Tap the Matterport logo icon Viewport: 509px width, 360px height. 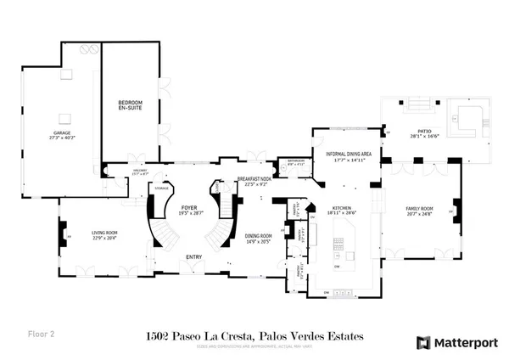pyautogui.click(x=422, y=342)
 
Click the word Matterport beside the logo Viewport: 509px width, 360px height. pyautogui.click(x=465, y=342)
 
